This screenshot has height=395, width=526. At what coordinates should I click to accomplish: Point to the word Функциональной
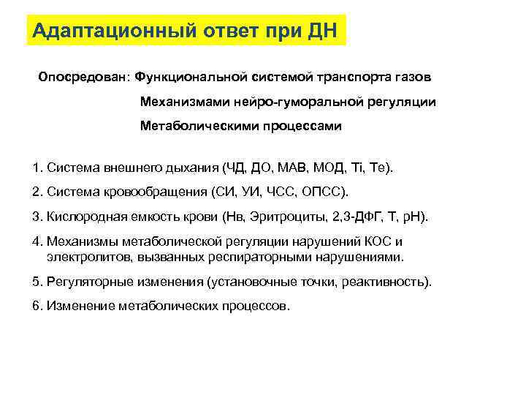point(187,76)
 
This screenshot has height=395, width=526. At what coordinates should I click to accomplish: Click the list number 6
point(37,306)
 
